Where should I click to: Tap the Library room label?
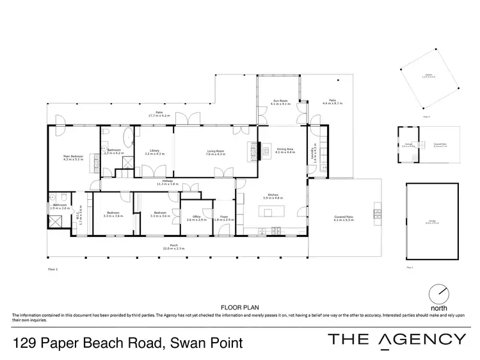coord(152,152)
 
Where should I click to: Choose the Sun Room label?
coord(280,102)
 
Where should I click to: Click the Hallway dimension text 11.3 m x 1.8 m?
coord(168,184)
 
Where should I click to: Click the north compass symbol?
coord(439,293)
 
